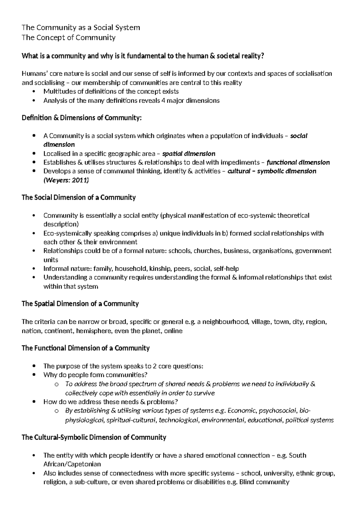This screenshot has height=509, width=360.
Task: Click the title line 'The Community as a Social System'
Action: (81, 28)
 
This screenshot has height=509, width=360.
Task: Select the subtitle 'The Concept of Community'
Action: (68, 38)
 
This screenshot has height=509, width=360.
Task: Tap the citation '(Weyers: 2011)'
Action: (66, 180)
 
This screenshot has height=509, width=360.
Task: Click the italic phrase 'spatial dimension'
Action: (188, 154)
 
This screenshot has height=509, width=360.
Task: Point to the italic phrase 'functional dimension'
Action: (298, 162)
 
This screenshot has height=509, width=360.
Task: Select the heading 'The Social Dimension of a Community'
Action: (79, 197)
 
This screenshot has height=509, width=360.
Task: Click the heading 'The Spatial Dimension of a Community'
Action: (80, 303)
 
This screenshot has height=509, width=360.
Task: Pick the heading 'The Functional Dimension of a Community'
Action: (85, 348)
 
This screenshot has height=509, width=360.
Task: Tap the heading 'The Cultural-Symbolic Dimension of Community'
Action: (94, 437)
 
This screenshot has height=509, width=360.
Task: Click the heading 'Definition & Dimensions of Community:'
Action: (81, 118)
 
